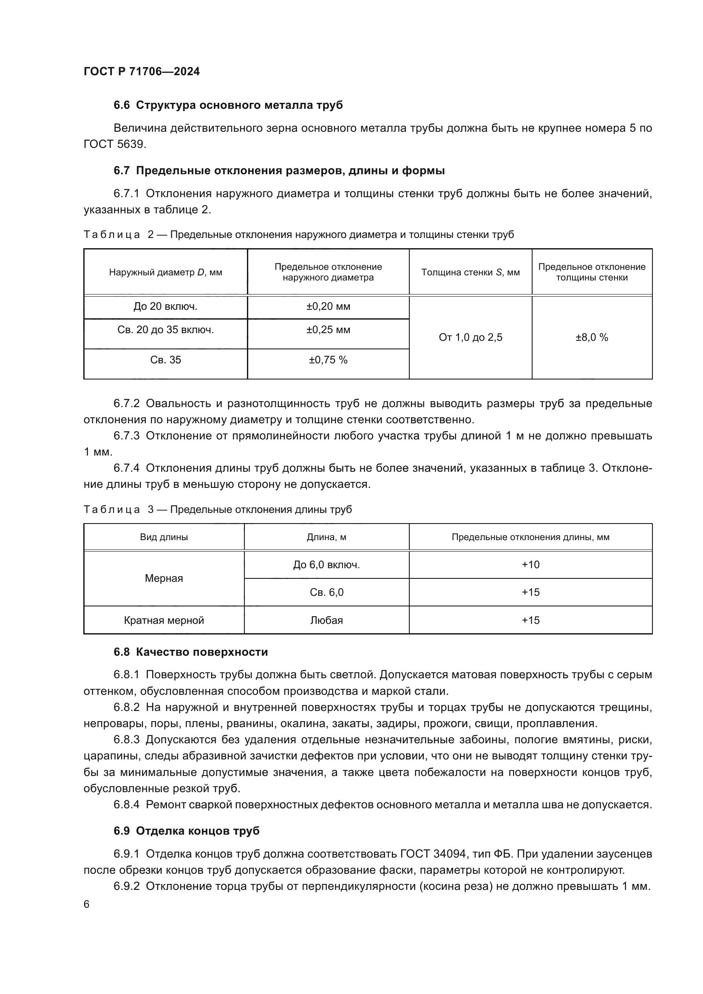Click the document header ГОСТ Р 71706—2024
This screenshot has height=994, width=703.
(142, 71)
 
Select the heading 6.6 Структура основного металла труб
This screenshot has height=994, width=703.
(228, 105)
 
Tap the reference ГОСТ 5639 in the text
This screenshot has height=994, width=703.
(114, 144)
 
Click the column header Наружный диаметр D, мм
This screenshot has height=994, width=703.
(165, 272)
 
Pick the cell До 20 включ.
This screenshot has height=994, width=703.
(165, 306)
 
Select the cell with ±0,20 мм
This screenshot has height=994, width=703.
(328, 306)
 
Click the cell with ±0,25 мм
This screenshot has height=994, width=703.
(328, 330)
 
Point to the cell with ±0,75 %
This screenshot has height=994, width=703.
(328, 360)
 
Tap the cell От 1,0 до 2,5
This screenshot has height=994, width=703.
(470, 337)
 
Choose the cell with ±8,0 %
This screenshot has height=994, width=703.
(591, 337)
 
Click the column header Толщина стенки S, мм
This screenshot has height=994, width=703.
(470, 272)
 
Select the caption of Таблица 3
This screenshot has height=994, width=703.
(217, 510)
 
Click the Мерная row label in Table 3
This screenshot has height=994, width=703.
(164, 578)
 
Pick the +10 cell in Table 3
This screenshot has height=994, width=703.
(530, 564)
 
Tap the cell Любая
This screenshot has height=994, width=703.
(326, 620)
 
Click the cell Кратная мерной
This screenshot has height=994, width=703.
(164, 620)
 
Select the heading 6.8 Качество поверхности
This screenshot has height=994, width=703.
(190, 652)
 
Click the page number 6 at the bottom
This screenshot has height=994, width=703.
(87, 904)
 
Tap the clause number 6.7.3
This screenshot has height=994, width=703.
(126, 436)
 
